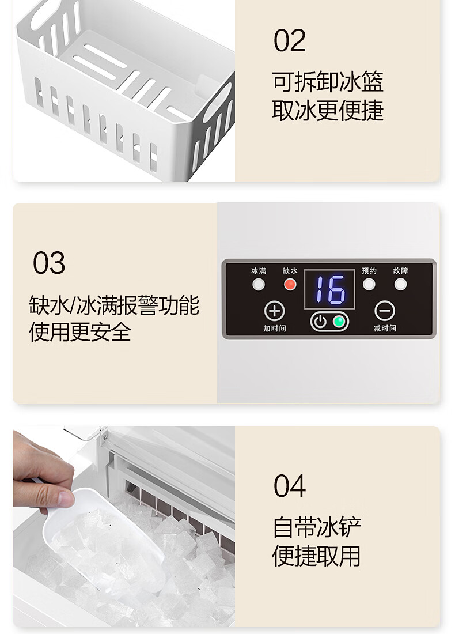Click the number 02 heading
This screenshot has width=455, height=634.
289,40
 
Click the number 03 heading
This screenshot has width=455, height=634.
49,263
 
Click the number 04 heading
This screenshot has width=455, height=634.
289,486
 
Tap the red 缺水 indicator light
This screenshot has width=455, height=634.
290,285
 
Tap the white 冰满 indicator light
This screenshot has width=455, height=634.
259,285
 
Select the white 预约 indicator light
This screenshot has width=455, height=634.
369,284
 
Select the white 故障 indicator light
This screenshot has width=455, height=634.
400,284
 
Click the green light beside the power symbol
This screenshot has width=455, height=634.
339,322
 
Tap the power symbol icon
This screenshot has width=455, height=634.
320,322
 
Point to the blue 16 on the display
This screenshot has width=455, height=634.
330,289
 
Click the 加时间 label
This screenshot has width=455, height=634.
275,329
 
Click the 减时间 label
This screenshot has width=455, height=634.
385,329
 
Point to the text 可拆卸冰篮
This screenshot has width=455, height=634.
328,82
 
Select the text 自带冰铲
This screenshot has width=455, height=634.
317,527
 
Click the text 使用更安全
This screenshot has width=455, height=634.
80,332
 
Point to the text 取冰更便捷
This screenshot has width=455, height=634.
328,111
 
